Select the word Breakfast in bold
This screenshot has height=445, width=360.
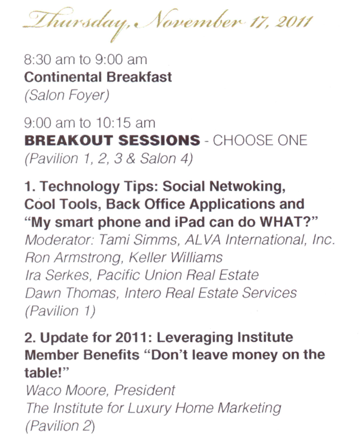click(x=139, y=77)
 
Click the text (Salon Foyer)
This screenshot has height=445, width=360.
click(x=67, y=95)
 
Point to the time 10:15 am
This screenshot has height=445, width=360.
click(x=125, y=123)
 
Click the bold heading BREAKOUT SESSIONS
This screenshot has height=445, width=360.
click(x=112, y=140)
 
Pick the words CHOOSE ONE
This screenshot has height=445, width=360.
click(x=260, y=140)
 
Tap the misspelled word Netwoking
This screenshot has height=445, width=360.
click(x=247, y=187)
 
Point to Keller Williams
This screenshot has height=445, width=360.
click(x=176, y=257)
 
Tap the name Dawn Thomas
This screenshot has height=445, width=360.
click(x=71, y=293)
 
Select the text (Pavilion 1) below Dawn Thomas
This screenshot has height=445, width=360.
click(x=60, y=311)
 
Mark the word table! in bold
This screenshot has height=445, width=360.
click(x=47, y=373)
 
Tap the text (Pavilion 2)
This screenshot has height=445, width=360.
click(x=60, y=426)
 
